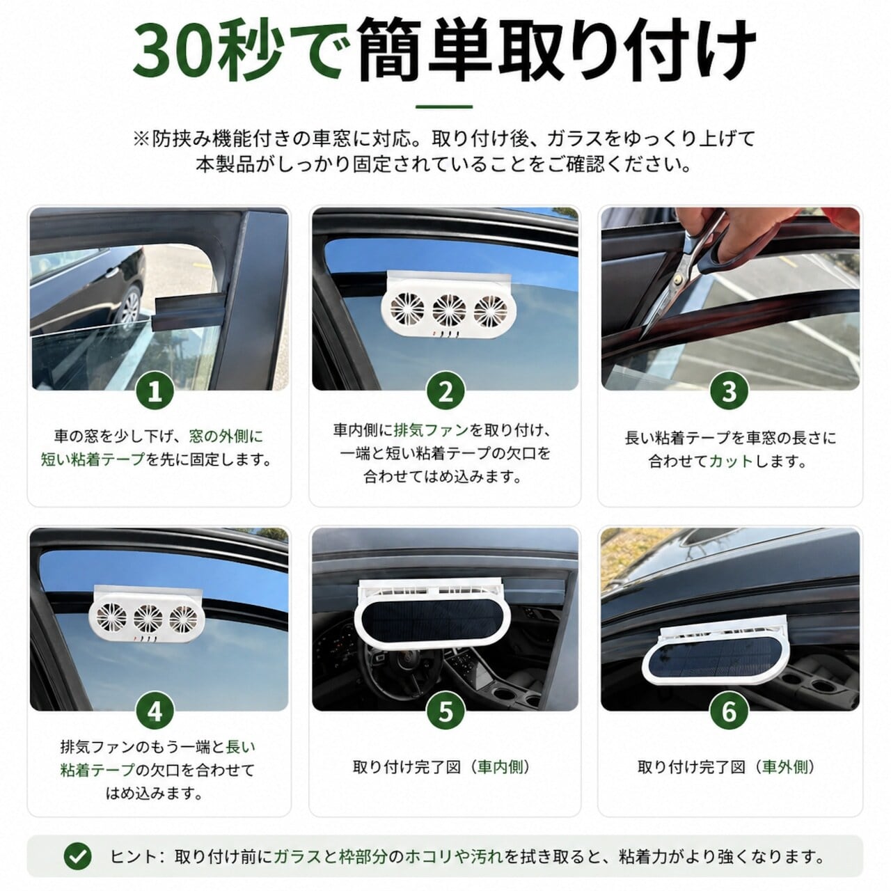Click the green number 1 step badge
click(x=155, y=391)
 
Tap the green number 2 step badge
click(x=445, y=391)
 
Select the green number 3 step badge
click(x=730, y=391)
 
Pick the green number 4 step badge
click(x=155, y=711)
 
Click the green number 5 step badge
click(x=445, y=711)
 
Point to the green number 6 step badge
click(x=730, y=711)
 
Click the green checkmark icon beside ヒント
click(x=78, y=856)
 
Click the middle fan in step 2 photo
click(x=449, y=309)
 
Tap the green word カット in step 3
click(x=731, y=461)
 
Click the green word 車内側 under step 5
click(x=500, y=766)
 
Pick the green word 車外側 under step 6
click(x=785, y=766)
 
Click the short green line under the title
click(x=444, y=107)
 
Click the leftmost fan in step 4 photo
click(x=111, y=617)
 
